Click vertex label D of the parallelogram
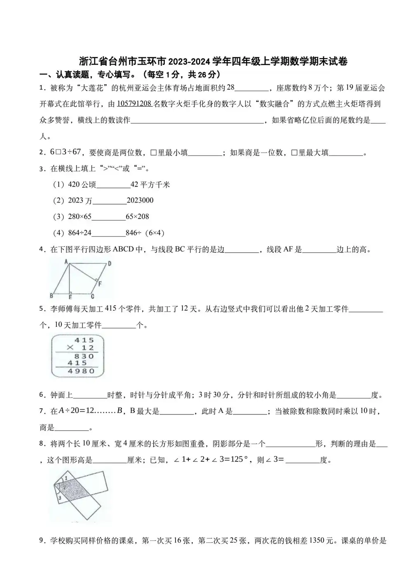109,264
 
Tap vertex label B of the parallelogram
51,296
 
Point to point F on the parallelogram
100,284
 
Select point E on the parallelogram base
70,296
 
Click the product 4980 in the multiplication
78,371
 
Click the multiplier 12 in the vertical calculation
87,348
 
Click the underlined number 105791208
134,104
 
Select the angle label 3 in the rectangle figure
60,498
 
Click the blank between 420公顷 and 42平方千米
113,185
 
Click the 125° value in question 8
240,460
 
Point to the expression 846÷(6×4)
145,233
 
